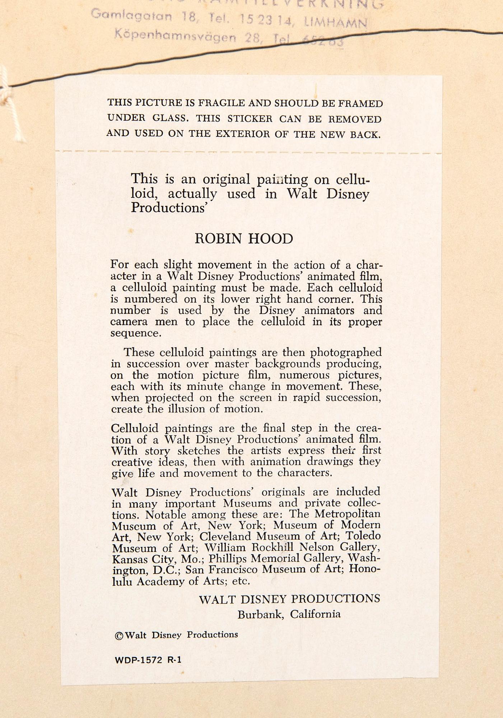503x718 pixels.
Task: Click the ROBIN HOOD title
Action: pos(244,239)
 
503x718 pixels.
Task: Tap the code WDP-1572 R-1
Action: pos(148,660)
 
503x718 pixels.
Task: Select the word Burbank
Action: pos(261,615)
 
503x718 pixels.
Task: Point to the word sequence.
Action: pos(135,333)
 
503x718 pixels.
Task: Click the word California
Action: pos(315,615)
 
